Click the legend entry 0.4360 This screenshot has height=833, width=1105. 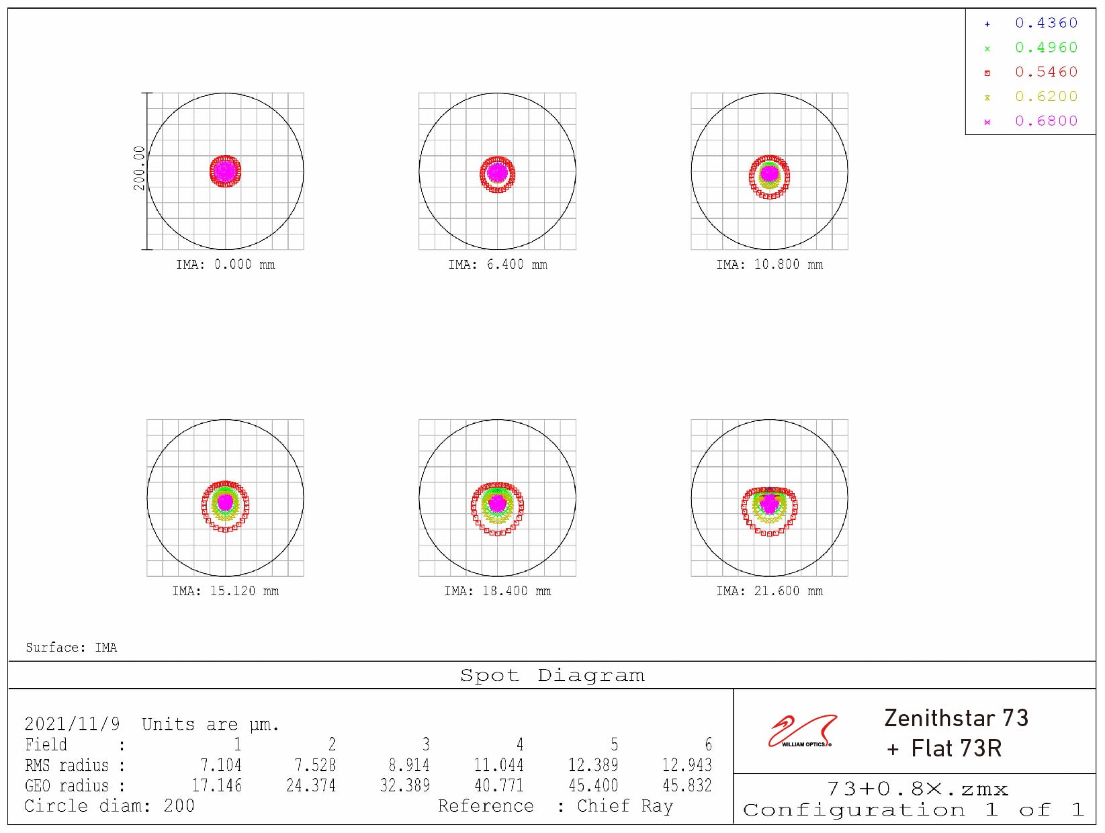1045,24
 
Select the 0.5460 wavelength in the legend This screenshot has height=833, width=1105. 1045,73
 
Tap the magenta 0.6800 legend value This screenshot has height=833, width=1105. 1045,122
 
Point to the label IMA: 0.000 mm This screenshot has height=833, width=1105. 226,265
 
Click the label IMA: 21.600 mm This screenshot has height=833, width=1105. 769,591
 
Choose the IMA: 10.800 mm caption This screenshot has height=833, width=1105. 769,265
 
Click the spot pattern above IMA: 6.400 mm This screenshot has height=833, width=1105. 497,174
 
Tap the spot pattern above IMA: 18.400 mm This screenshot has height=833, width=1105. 497,507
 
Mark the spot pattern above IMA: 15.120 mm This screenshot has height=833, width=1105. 225,505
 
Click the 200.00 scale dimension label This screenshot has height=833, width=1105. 139,168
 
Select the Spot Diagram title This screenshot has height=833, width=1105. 552,676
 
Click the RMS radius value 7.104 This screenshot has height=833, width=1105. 220,765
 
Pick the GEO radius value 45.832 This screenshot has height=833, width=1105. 687,785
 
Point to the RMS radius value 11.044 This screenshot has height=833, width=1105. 498,765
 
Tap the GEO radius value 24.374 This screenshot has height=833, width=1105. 310,785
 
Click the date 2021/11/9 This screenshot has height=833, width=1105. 72,724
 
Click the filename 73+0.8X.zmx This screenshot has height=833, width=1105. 917,789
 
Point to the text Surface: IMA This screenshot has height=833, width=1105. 71,648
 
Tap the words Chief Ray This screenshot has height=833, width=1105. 625,806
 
